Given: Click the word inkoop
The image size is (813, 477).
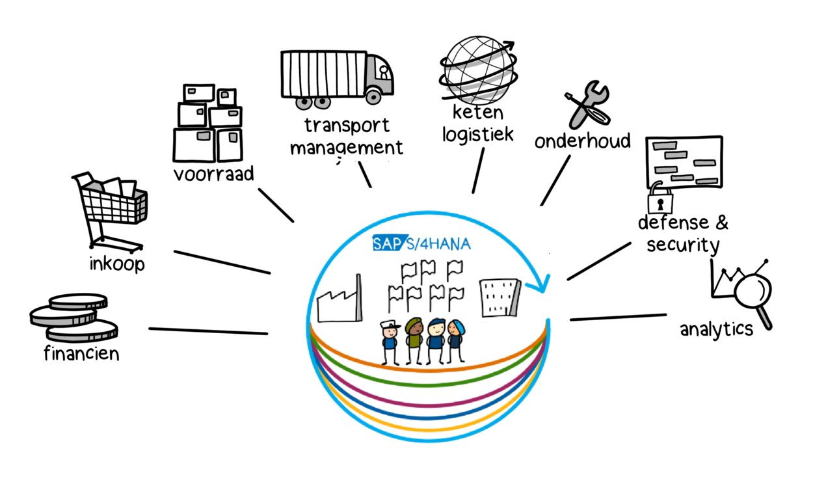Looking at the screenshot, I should click(116, 265).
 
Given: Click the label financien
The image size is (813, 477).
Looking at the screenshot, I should click(81, 354).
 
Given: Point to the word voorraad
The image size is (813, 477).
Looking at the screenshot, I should click(213, 174).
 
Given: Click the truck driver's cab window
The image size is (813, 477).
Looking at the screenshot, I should click(384, 70).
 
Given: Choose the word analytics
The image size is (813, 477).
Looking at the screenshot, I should click(716, 329).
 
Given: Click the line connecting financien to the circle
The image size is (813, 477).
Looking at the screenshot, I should click(208, 331).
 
